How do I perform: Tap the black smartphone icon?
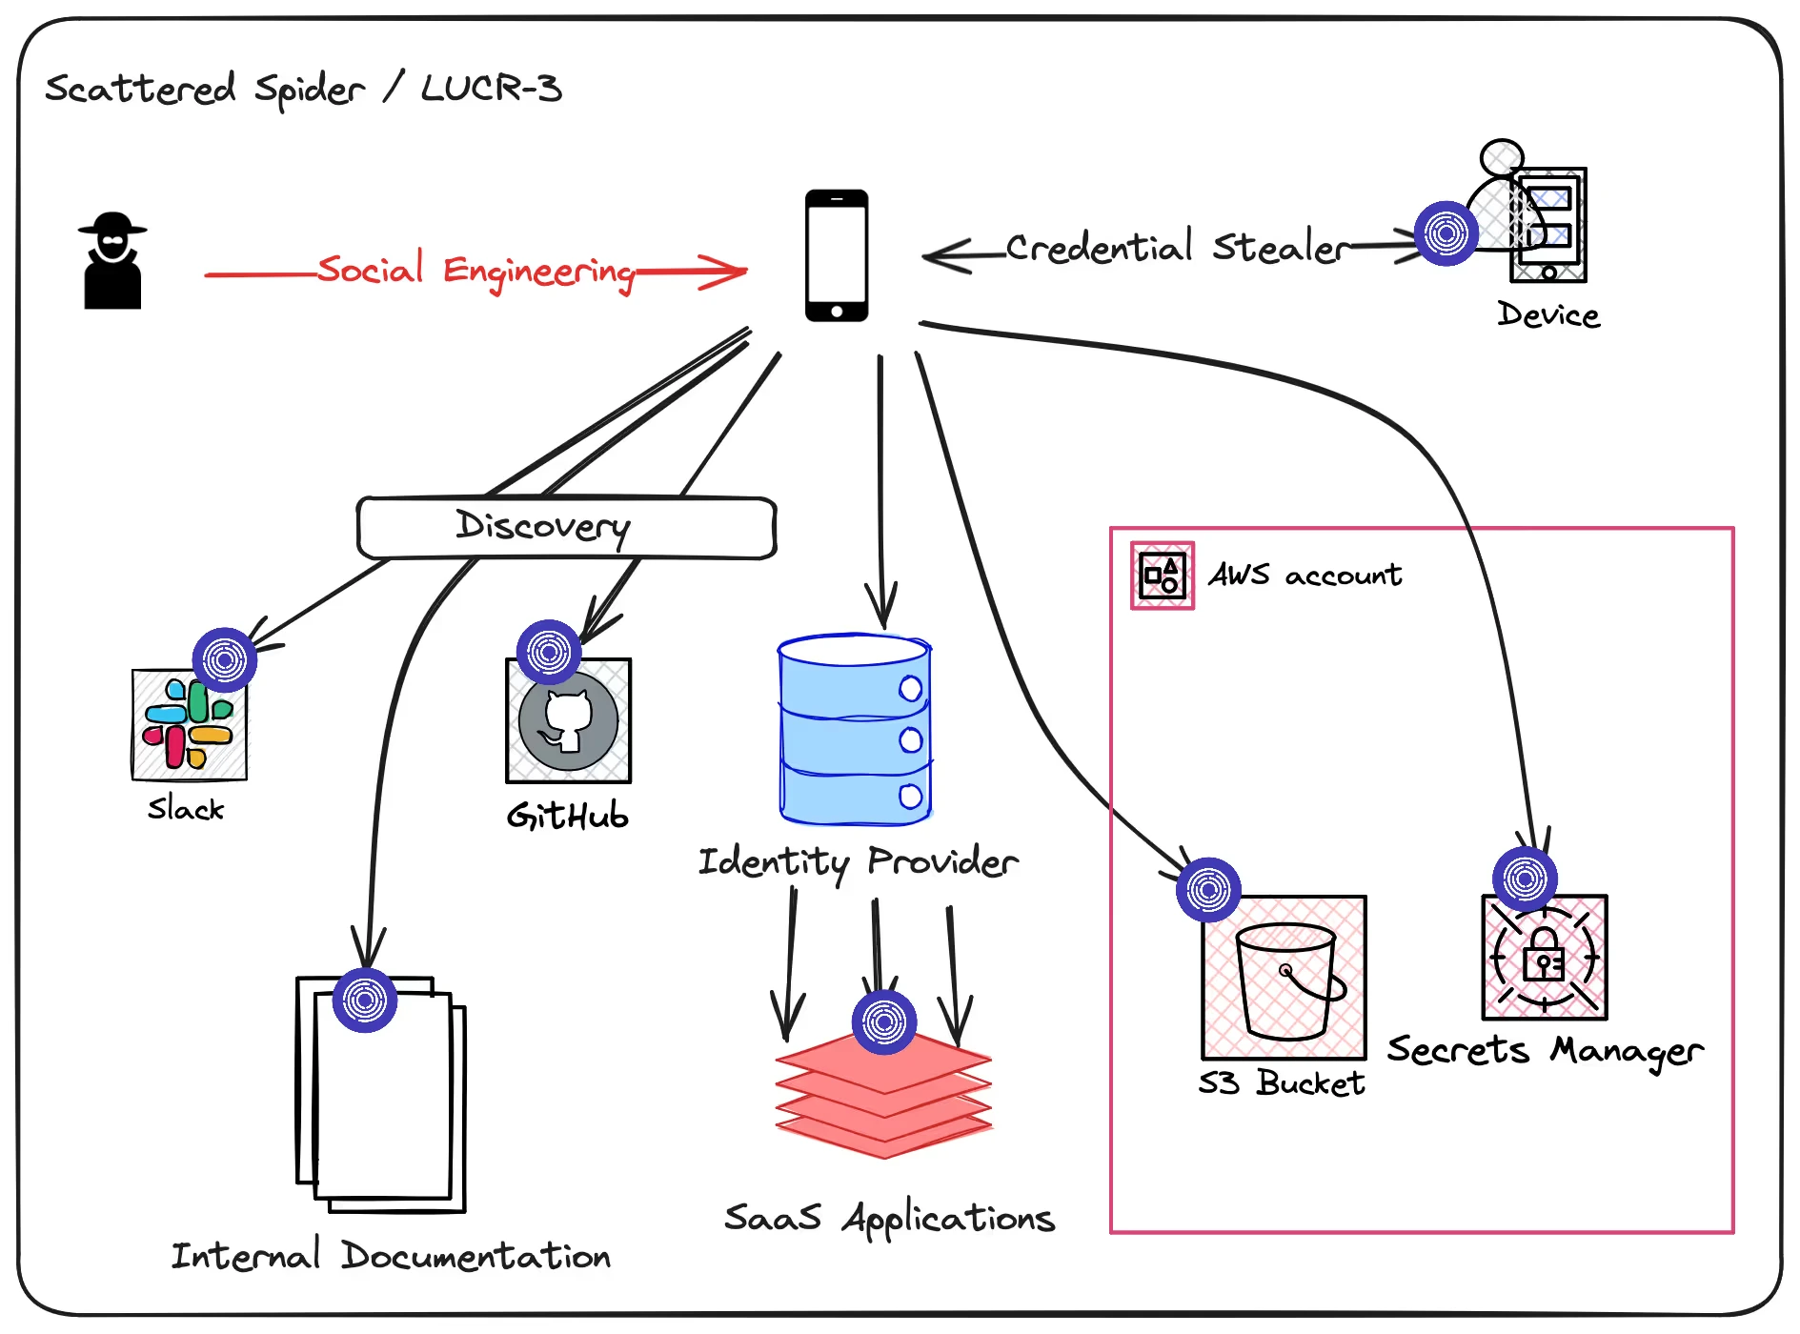tap(836, 255)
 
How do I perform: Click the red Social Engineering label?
tap(475, 271)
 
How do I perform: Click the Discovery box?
tap(566, 527)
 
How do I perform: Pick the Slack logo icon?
tap(189, 725)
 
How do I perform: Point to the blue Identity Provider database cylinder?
tap(854, 729)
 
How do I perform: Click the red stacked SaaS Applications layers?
tap(883, 1096)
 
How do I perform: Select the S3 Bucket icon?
tap(1284, 979)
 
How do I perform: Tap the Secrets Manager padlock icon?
tap(1544, 959)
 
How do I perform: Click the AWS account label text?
tap(1304, 575)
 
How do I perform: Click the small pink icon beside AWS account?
tap(1162, 576)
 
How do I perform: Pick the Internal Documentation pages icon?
tap(381, 1096)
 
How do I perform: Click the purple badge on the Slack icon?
tap(225, 659)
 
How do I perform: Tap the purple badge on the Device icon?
tap(1446, 233)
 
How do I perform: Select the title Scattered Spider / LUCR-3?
tap(303, 89)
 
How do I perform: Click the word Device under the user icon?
tap(1547, 314)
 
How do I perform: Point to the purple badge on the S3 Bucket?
tap(1208, 890)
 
